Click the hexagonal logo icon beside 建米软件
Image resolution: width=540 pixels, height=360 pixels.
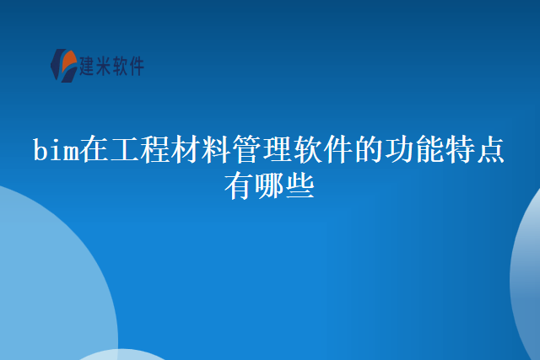point(62,65)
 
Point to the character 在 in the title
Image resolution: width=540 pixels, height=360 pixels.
point(94,151)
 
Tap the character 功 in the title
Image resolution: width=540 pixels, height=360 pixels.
point(398,151)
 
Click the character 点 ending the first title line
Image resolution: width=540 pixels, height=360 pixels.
point(489,151)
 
